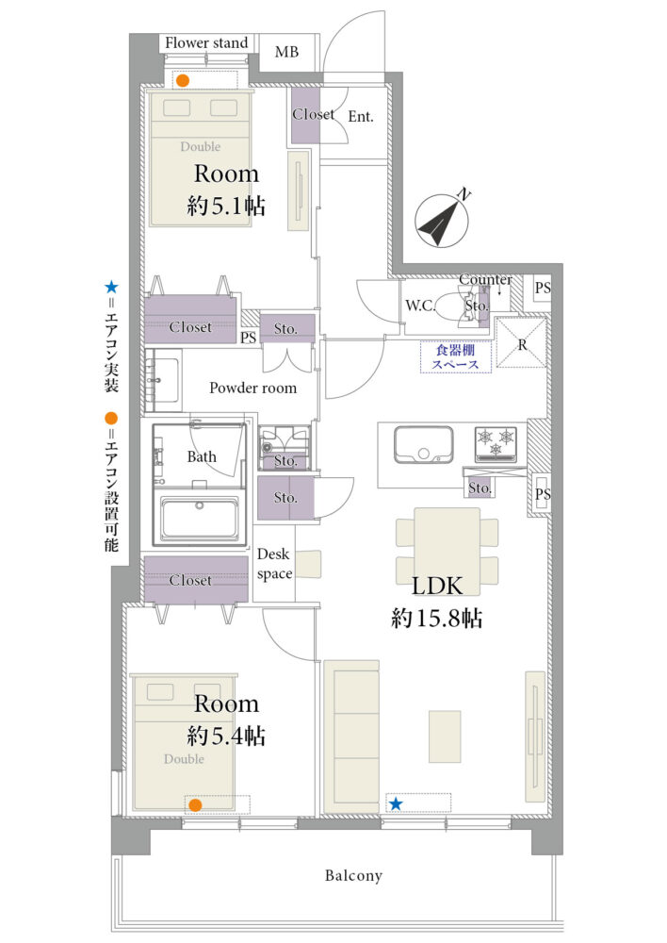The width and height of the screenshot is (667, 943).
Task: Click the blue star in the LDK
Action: pyautogui.click(x=396, y=804)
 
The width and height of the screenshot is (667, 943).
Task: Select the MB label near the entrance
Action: pyautogui.click(x=286, y=52)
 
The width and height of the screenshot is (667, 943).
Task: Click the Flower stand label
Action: pyautogui.click(x=206, y=43)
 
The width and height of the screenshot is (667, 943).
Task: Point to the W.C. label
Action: pyautogui.click(x=419, y=306)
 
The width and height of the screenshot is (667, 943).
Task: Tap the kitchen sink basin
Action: pyautogui.click(x=423, y=446)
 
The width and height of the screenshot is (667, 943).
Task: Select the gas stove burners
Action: pyautogui.click(x=496, y=442)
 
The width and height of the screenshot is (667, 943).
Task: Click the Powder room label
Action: pyautogui.click(x=253, y=389)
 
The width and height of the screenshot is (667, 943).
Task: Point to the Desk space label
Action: pyautogui.click(x=273, y=564)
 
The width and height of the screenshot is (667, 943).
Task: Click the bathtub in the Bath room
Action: pyautogui.click(x=200, y=517)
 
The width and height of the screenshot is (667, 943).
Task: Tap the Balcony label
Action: pyautogui.click(x=353, y=876)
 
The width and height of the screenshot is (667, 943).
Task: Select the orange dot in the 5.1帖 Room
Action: pyautogui.click(x=183, y=80)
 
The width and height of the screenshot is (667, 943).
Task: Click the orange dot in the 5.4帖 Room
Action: pyautogui.click(x=195, y=804)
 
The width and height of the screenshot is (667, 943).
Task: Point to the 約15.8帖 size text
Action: pyautogui.click(x=437, y=619)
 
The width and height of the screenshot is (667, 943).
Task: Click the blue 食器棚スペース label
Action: pyautogui.click(x=456, y=357)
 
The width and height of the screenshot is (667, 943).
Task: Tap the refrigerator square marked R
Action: pyautogui.click(x=521, y=343)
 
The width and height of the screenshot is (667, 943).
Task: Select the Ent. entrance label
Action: pyautogui.click(x=361, y=117)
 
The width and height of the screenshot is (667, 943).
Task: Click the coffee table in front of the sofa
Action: pyautogui.click(x=445, y=737)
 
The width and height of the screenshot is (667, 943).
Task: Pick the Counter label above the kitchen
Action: pyautogui.click(x=485, y=280)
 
